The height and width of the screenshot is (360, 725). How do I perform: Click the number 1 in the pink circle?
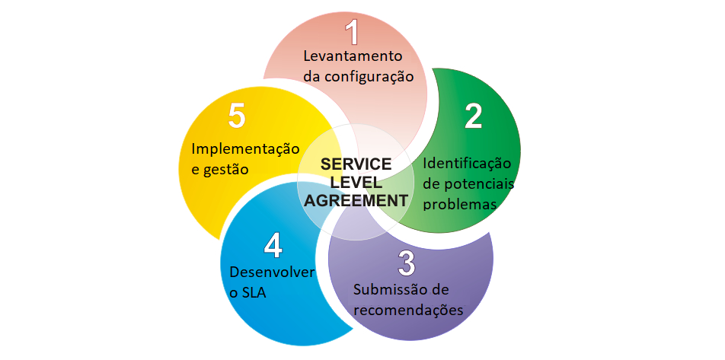tap(352, 33)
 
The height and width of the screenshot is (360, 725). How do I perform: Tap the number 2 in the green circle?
tap(474, 115)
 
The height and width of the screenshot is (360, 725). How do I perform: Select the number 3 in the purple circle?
tap(407, 263)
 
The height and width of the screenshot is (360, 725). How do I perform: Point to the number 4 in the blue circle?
tap(273, 246)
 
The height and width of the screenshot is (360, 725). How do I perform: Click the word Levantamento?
tap(353, 56)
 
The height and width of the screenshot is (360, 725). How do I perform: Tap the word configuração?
tap(369, 76)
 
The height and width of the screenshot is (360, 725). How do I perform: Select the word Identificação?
tap(467, 164)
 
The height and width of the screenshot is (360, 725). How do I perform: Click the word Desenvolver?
tap(272, 272)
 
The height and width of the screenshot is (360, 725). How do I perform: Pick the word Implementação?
tap(245, 148)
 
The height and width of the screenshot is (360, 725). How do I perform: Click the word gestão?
tap(227, 169)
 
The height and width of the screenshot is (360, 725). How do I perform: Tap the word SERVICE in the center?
tap(356, 164)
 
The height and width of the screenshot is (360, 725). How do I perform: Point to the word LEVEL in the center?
tap(356, 183)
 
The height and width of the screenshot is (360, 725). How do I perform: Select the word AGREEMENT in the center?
tap(356, 201)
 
